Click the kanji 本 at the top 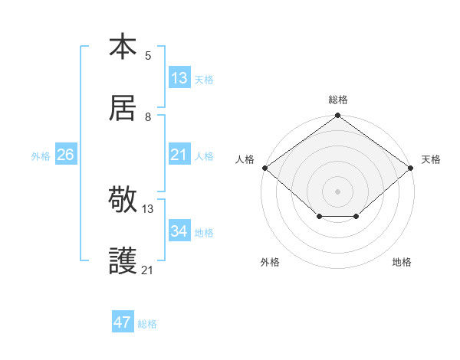(123, 47)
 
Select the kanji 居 (123, 108)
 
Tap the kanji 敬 (123, 200)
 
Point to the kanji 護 (123, 261)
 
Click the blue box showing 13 (179, 78)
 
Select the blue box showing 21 (179, 155)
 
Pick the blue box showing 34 (179, 231)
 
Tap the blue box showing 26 (65, 155)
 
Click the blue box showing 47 (123, 322)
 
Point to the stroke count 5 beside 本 (148, 55)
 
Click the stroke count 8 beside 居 (148, 116)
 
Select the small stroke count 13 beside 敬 (148, 208)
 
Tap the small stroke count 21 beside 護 (148, 270)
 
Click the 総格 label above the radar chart (338, 100)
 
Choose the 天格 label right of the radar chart (431, 159)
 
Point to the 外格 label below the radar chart (270, 262)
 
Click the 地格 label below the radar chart (402, 262)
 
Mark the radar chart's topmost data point (338, 116)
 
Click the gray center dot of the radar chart (338, 191)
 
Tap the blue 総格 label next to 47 (147, 324)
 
